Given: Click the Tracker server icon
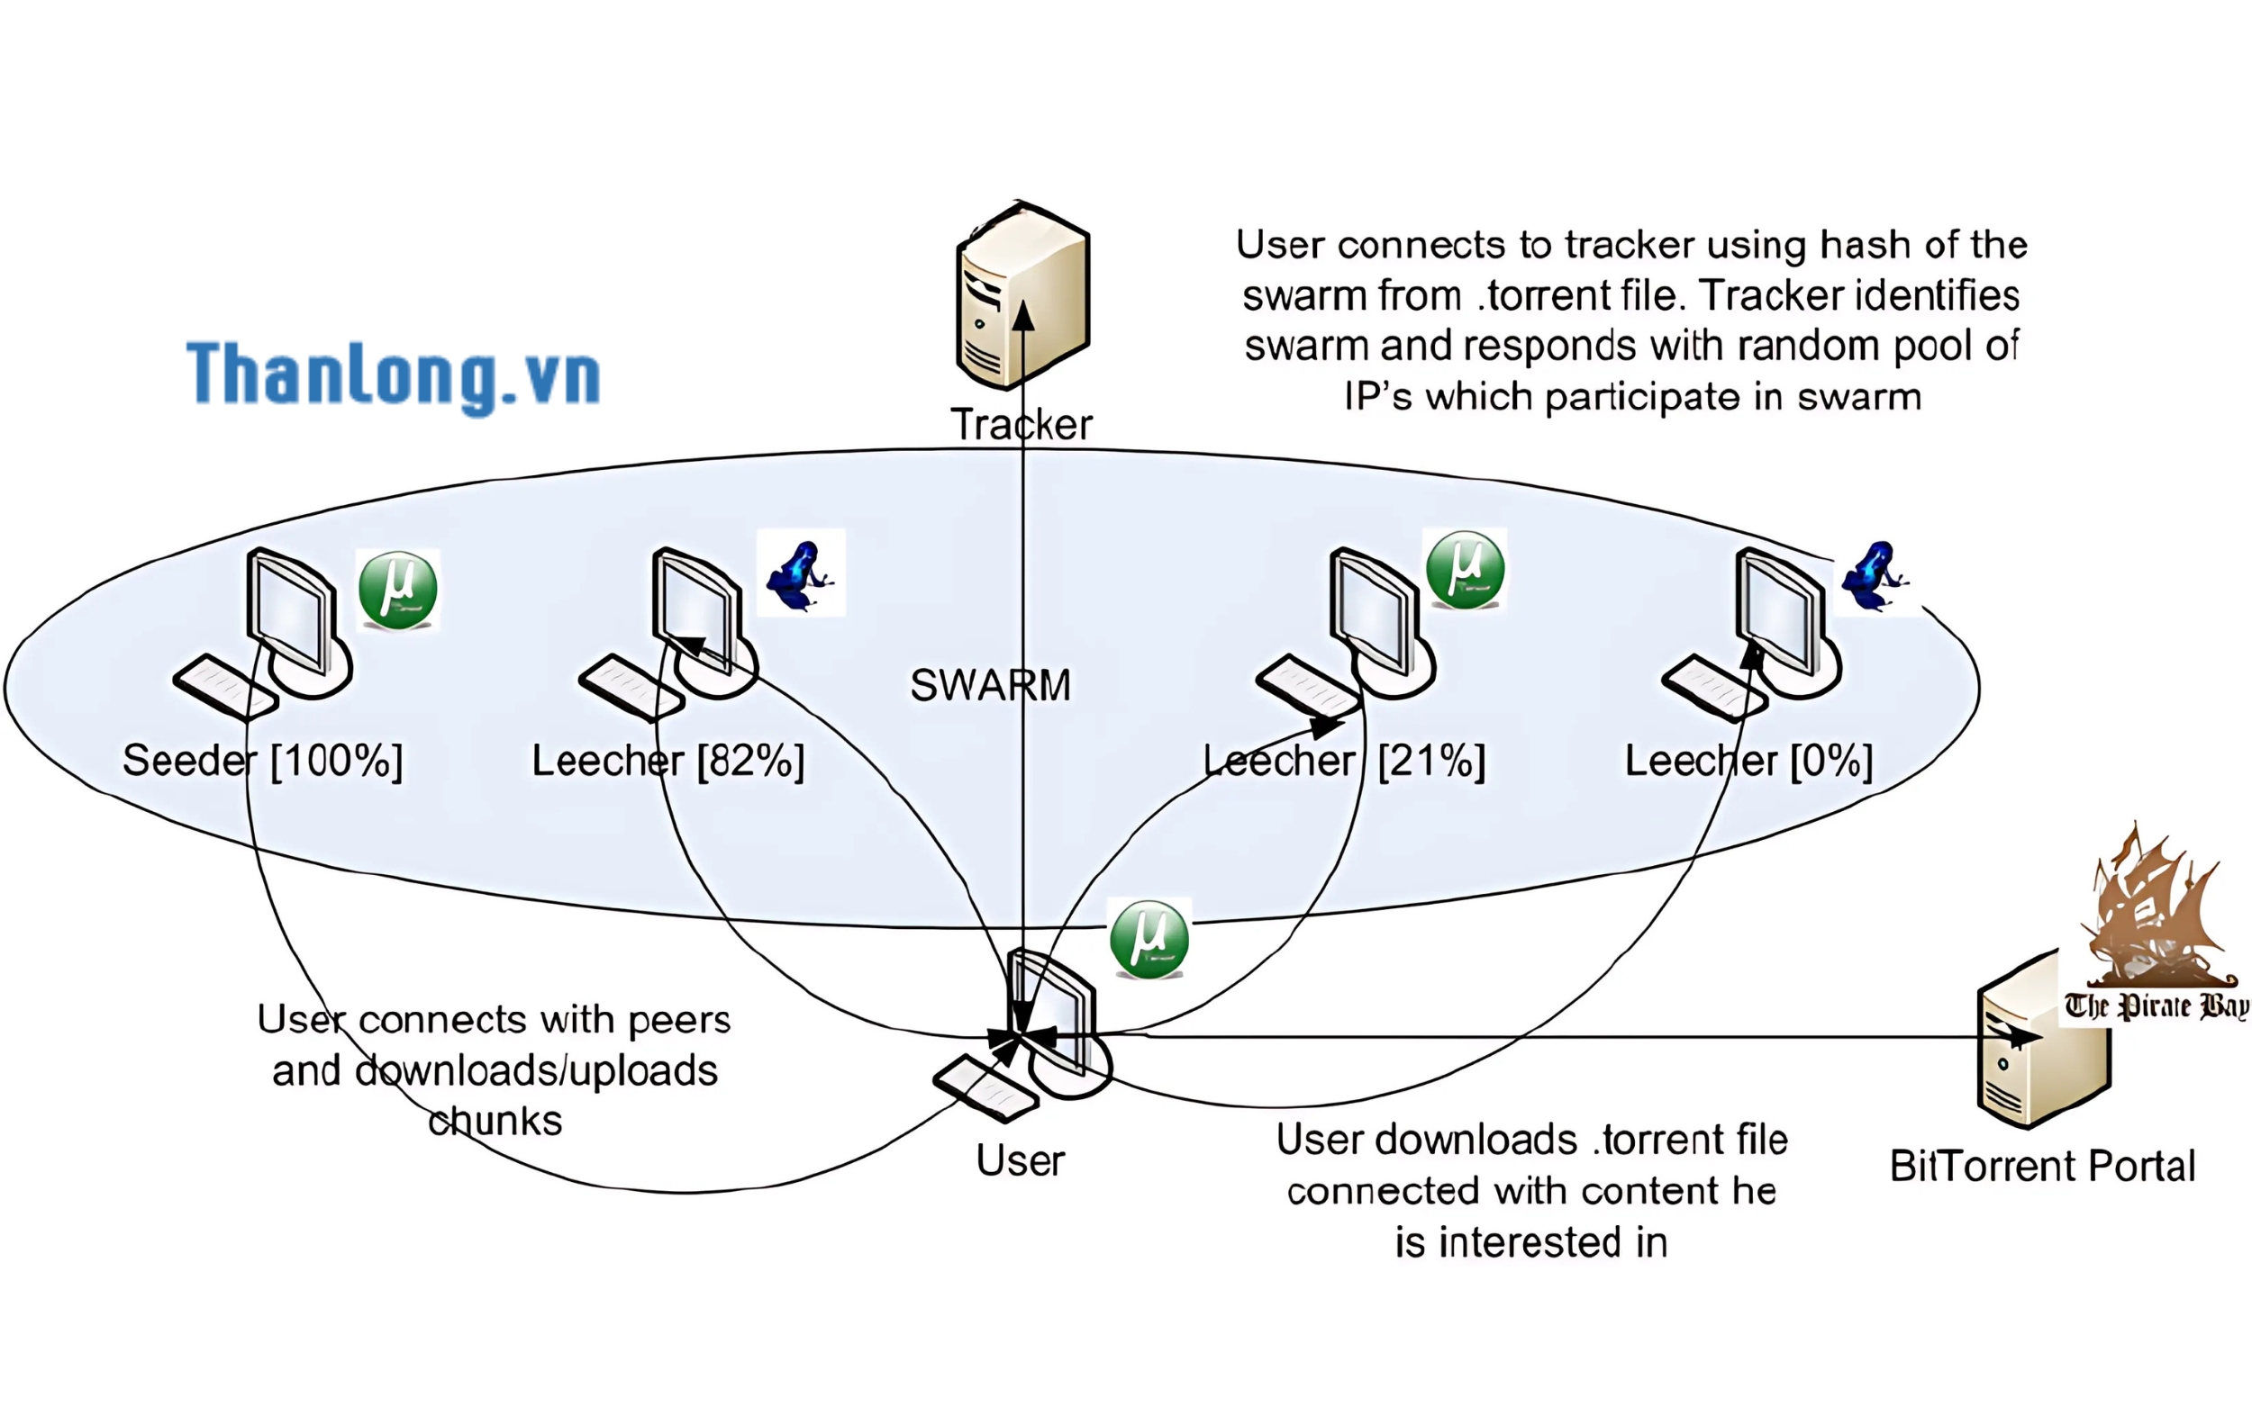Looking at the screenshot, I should pos(1022,296).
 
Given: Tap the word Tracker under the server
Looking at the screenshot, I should pos(1021,424).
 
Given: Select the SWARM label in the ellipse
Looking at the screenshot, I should pos(991,686).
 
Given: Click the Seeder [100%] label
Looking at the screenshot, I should pos(262,762).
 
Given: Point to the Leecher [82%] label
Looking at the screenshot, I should pos(667,762).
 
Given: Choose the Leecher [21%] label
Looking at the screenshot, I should pos(1343,762).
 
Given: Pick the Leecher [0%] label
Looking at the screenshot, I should pos(1748,762).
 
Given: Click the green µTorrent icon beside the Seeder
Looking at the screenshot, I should pos(397,590).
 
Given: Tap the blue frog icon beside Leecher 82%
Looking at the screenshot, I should pos(800,575).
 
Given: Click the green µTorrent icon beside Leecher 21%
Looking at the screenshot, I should pos(1465,570).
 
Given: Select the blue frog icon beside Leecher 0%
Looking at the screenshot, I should pos(1873,577).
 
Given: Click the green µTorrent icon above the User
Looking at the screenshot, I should pos(1149,938).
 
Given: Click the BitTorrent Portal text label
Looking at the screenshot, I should pos(2041,1166).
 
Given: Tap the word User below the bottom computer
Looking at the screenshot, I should pos(1020,1160).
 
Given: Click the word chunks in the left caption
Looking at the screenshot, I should pos(495,1121).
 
